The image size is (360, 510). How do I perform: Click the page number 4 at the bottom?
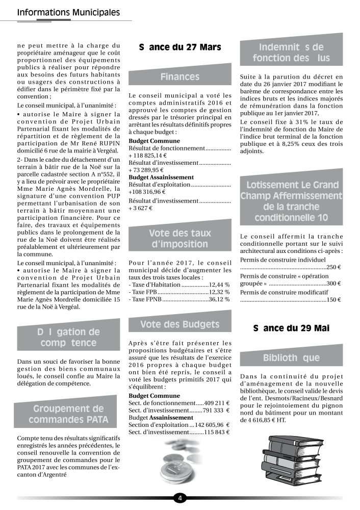click(x=180, y=498)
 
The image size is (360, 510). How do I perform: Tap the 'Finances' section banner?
click(x=179, y=77)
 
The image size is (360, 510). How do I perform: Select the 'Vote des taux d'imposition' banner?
click(x=179, y=239)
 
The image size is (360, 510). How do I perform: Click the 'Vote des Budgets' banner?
click(x=179, y=324)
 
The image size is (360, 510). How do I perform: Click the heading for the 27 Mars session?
click(x=179, y=47)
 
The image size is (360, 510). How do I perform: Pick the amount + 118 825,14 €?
click(x=148, y=155)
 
